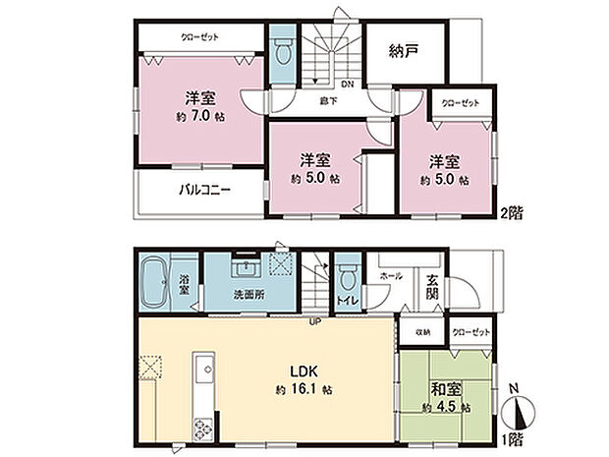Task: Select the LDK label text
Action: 301,371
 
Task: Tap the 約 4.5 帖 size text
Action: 444,406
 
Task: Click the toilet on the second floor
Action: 282,50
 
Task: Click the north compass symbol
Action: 519,410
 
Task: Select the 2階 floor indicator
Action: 511,211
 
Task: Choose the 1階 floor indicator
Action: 511,439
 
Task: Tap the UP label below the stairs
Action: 315,322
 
